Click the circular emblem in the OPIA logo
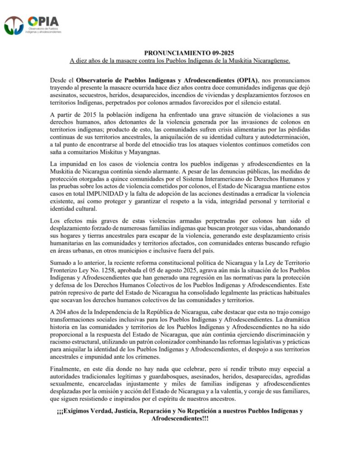14,25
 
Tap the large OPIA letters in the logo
43,21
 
